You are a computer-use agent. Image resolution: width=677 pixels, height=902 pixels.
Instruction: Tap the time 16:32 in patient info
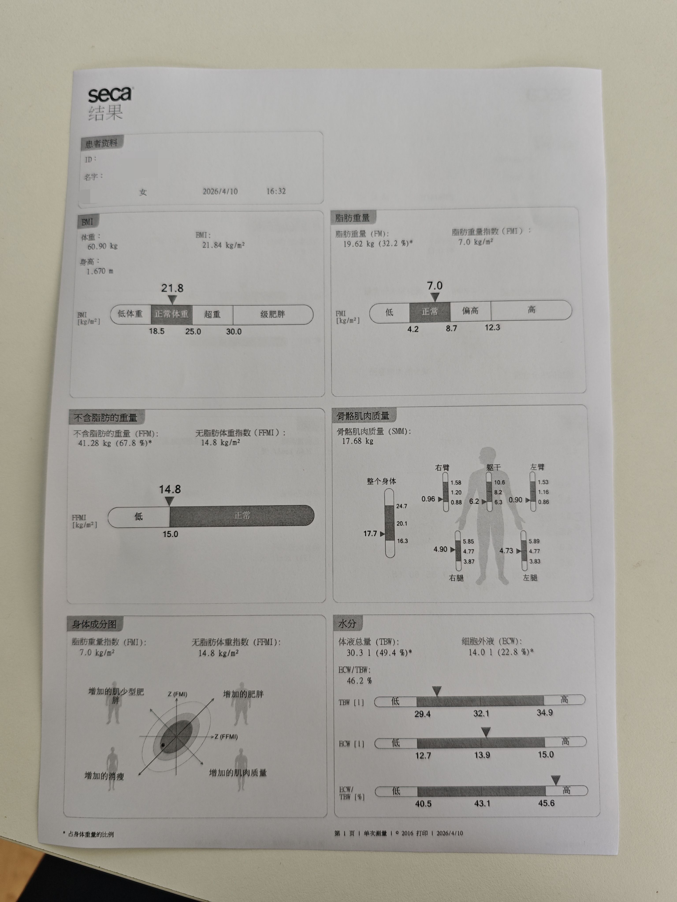coord(276,191)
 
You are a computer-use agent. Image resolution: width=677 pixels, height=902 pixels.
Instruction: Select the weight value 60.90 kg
coord(102,246)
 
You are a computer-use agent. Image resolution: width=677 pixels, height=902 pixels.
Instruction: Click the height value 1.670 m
coord(100,271)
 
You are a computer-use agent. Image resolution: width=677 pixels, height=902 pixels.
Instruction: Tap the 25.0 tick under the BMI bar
coord(193,331)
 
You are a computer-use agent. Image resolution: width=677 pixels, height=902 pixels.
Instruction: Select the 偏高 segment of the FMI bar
coord(470,311)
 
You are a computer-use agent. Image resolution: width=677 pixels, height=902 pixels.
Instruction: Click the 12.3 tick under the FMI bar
coord(492,327)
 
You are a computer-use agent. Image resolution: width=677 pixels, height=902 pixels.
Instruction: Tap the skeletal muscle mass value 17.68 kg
coord(357,441)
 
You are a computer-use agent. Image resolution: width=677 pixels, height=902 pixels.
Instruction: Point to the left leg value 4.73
coord(506,551)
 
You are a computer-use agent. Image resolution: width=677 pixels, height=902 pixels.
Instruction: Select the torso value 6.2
coord(474,501)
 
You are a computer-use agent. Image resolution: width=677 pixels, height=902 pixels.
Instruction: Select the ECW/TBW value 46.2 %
coord(359,681)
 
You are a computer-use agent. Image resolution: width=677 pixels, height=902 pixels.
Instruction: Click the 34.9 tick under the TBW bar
coord(545,712)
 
